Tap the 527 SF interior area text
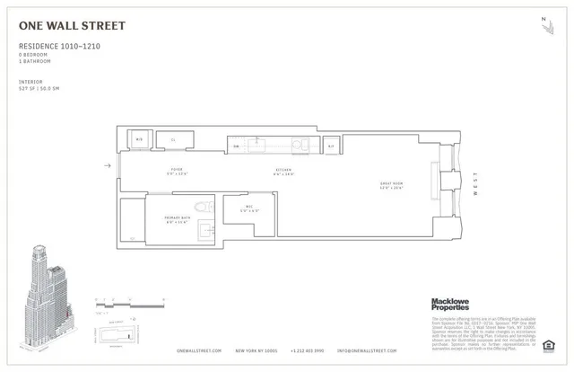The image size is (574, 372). (44, 88)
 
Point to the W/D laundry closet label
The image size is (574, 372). (139, 140)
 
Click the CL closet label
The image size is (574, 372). (173, 140)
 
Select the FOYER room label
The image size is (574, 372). (177, 170)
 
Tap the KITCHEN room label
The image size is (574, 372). (283, 170)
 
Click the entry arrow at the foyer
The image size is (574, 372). (109, 165)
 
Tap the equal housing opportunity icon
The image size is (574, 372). (549, 342)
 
